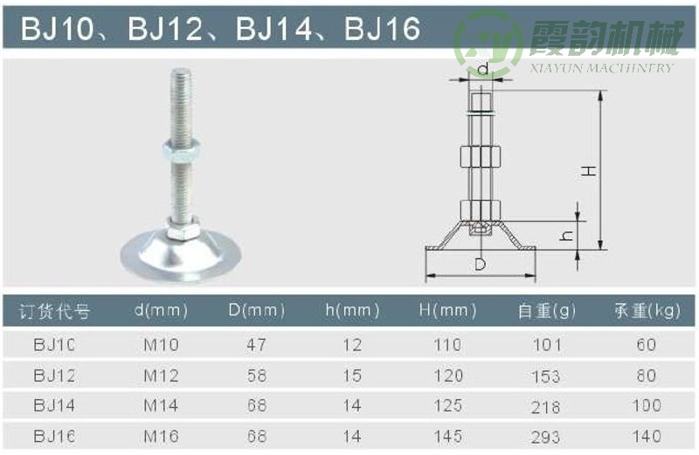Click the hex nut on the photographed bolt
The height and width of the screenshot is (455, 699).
(x=179, y=150)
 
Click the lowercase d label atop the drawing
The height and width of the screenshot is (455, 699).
(x=481, y=68)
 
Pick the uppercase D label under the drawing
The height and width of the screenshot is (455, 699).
(x=480, y=264)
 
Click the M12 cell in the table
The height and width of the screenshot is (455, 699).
(x=161, y=376)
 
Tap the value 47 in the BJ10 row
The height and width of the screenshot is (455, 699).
(x=256, y=345)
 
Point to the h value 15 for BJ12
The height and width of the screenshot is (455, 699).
(x=352, y=376)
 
